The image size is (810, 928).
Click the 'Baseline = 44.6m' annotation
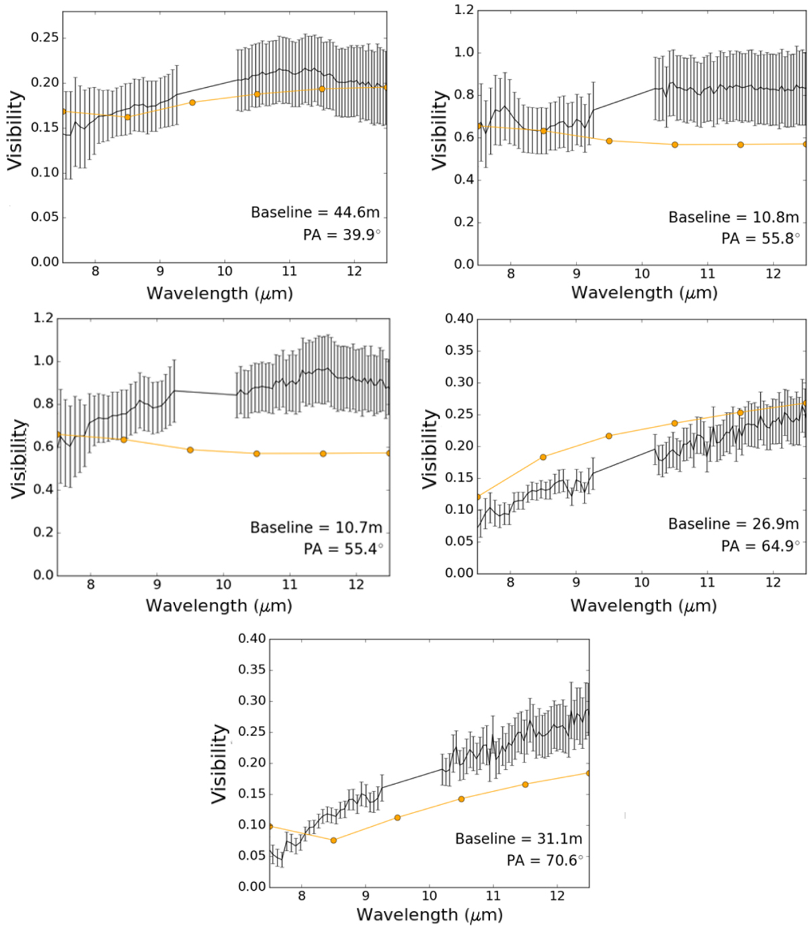[x=315, y=212]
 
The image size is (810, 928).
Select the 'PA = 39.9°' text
[x=342, y=234]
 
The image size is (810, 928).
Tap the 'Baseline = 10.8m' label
[x=734, y=217]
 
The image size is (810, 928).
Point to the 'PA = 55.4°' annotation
[x=343, y=548]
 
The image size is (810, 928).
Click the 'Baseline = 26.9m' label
[x=734, y=523]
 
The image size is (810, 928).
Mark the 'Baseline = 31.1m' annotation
[x=518, y=838]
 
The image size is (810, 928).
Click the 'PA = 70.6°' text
[x=545, y=860]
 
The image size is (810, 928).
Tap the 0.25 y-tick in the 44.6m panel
[x=45, y=38]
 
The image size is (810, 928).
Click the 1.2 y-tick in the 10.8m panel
[x=464, y=10]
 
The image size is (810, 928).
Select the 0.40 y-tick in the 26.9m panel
[x=459, y=318]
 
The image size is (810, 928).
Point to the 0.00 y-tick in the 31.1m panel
[x=252, y=886]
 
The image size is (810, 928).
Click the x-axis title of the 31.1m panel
[x=429, y=914]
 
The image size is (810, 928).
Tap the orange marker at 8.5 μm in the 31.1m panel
[x=333, y=840]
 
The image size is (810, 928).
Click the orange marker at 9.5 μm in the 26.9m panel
[x=609, y=436]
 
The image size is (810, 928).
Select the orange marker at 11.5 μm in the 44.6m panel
[x=322, y=89]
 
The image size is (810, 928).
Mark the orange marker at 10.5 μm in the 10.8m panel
[x=674, y=145]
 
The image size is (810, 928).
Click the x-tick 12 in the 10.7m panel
[x=356, y=584]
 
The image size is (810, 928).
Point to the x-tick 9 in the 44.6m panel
[x=160, y=272]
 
